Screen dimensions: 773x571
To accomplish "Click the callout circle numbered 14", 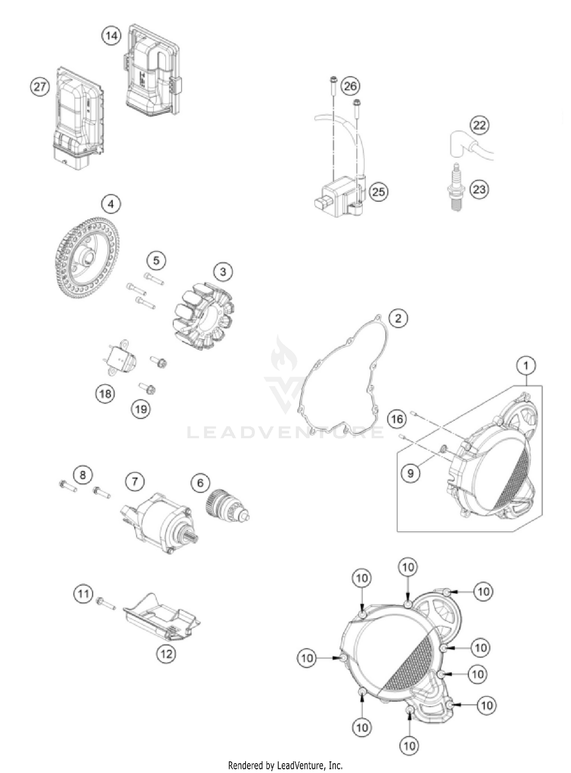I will point(111,36).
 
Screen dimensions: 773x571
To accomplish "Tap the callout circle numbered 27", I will point(40,87).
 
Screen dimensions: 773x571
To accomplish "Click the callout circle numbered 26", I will point(350,86).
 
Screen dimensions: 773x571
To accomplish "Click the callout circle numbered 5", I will point(156,261).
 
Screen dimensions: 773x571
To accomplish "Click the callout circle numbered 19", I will point(141,409).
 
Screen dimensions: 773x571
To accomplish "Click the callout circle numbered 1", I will point(526,366).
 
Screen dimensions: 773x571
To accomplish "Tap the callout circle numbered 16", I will point(397,419).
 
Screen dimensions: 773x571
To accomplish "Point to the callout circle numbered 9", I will point(410,473).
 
